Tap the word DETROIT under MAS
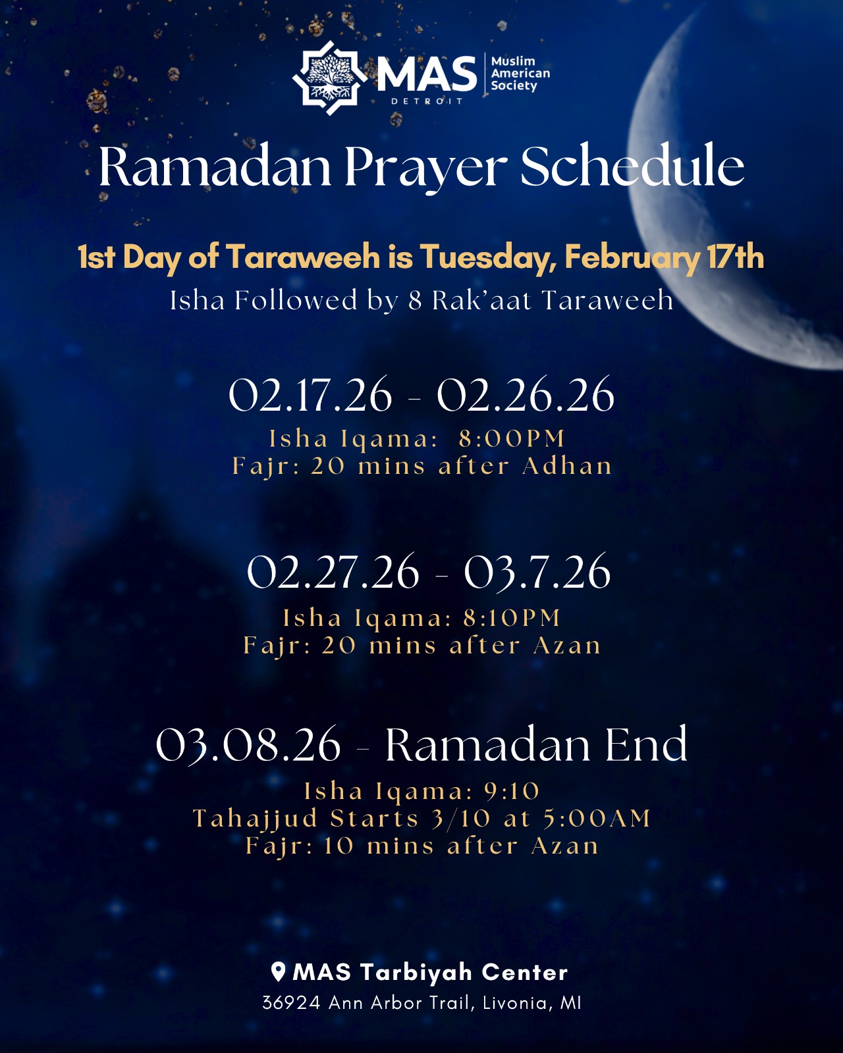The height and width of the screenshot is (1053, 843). click(x=427, y=101)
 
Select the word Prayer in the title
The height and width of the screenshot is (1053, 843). click(x=425, y=168)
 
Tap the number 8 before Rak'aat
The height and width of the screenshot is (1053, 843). click(x=415, y=301)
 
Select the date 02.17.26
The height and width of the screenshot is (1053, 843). click(x=310, y=396)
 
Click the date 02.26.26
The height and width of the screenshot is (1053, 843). click(x=526, y=396)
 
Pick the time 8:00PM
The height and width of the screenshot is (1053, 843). click(x=512, y=439)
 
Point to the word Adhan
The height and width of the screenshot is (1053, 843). click(x=567, y=466)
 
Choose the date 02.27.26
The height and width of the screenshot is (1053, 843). click(x=333, y=573)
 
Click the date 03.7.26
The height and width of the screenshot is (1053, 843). click(x=537, y=573)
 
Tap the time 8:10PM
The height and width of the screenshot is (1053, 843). click(x=512, y=618)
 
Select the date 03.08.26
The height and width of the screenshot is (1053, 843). click(x=248, y=746)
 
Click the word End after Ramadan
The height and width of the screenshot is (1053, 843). click(x=645, y=745)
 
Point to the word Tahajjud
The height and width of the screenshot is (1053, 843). click(x=256, y=819)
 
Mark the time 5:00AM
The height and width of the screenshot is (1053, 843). click(x=597, y=819)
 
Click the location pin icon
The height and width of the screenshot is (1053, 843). click(x=279, y=971)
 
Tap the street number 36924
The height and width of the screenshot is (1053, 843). click(x=291, y=1003)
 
